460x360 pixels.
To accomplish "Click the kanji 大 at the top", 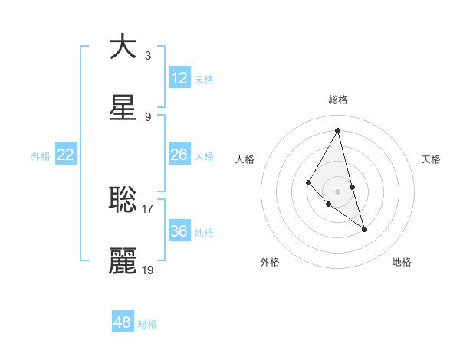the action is (123, 46).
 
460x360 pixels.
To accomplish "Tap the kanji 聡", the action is (123, 199).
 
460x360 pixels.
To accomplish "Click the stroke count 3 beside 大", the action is (148, 55).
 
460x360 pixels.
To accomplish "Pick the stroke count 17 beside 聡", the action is (148, 207).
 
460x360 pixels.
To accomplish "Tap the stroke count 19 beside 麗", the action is (148, 270).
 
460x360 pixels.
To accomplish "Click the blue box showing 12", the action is (179, 78).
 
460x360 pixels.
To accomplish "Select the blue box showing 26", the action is (179, 155).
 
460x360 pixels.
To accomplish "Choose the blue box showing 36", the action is (179, 231).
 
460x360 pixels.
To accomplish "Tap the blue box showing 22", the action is (66, 155).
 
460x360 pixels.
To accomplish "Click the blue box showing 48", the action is (123, 322).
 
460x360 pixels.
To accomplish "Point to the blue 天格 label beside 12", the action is (204, 80).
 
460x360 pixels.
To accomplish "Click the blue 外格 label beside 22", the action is (41, 156).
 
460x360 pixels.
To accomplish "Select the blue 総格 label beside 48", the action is (147, 324).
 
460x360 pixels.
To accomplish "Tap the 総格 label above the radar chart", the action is (338, 100).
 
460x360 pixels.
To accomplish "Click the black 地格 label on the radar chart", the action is (402, 262).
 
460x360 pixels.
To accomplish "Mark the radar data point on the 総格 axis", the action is (338, 130).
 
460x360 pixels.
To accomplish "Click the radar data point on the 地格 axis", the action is (365, 228).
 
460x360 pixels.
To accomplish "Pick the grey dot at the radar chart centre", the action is (338, 191).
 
